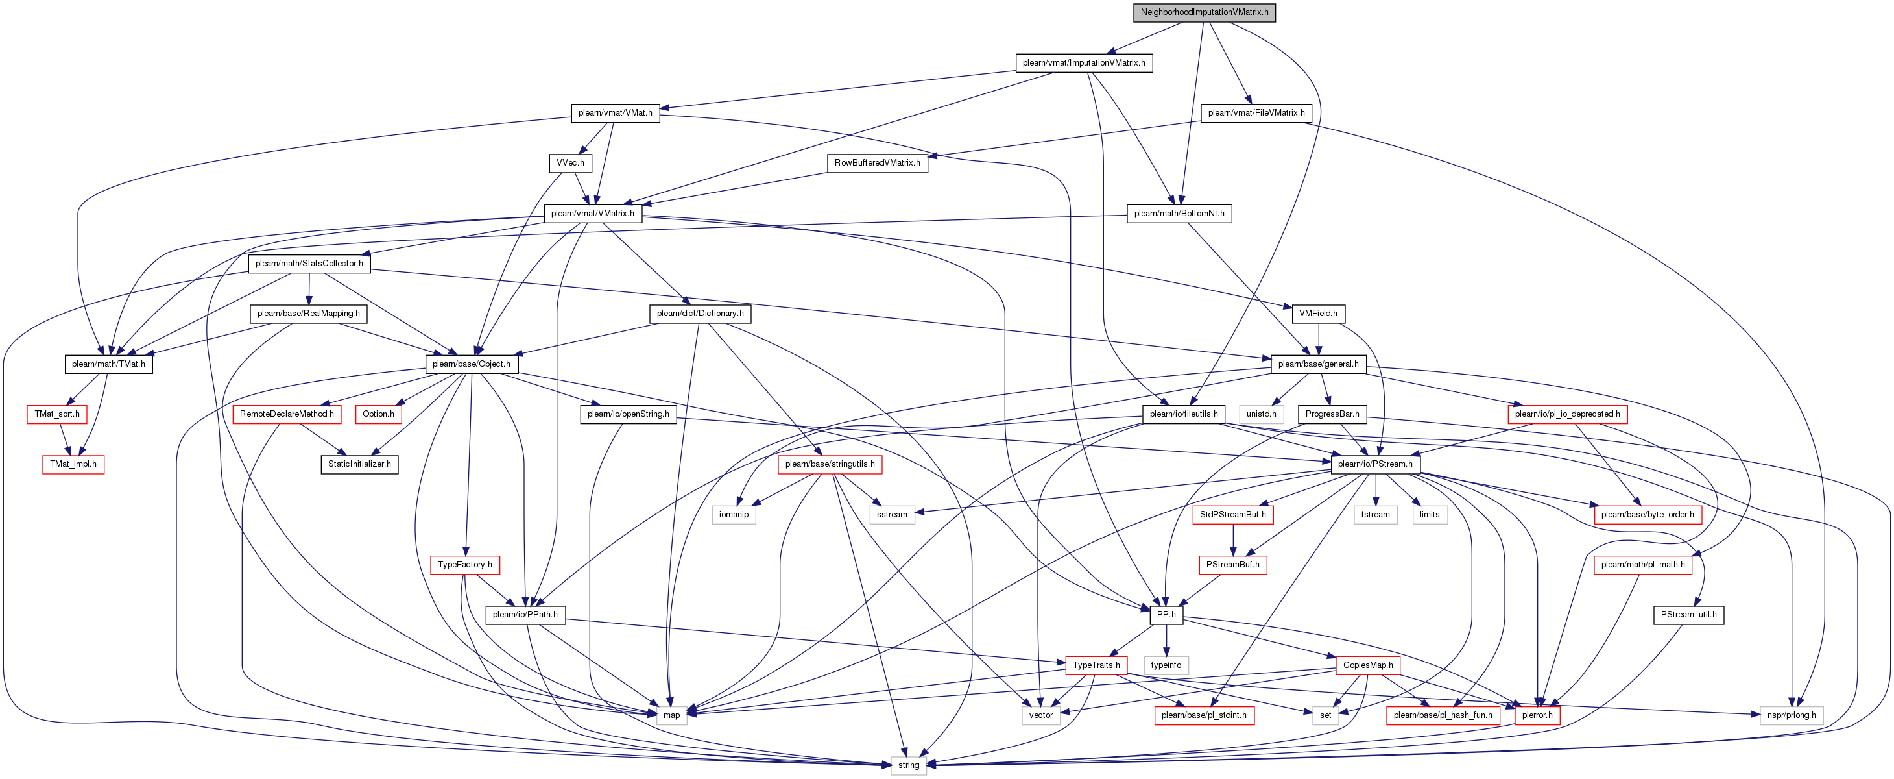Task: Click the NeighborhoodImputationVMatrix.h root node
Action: click(x=1205, y=12)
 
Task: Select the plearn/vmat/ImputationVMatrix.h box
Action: click(x=1084, y=63)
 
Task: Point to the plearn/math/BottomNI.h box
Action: click(x=1179, y=214)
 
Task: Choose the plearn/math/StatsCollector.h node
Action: click(x=309, y=264)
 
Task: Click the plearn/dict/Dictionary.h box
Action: click(x=700, y=314)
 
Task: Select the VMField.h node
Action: click(x=1317, y=314)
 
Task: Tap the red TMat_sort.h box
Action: click(x=56, y=415)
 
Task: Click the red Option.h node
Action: click(x=378, y=415)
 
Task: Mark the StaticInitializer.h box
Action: click(x=359, y=465)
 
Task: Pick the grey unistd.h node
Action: click(x=1261, y=415)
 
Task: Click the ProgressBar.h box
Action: click(x=1332, y=415)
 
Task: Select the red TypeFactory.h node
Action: click(x=464, y=565)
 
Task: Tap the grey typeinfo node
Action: click(x=1166, y=665)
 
